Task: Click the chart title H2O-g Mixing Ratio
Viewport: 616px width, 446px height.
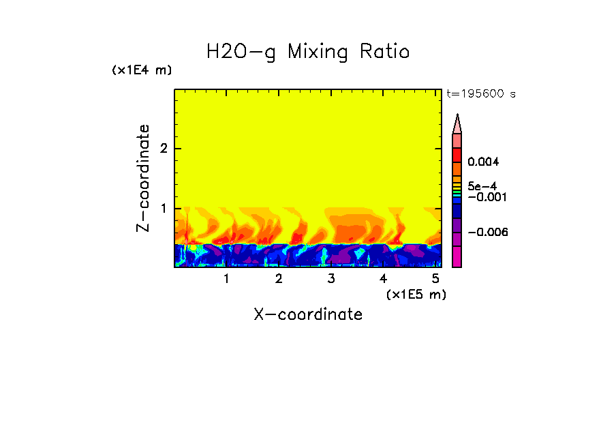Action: click(308, 52)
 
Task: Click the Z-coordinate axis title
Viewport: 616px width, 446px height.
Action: click(143, 177)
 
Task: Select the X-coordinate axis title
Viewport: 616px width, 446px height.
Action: click(308, 314)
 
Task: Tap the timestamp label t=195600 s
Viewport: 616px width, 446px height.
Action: click(480, 94)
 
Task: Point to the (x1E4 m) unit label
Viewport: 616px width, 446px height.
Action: click(142, 70)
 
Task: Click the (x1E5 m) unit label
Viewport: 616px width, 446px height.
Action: click(416, 294)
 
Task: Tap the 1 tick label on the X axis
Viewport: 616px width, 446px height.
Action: click(226, 279)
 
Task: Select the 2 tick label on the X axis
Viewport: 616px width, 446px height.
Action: click(279, 279)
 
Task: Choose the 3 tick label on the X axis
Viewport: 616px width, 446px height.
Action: click(330, 279)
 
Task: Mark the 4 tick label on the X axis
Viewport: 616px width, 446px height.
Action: click(383, 279)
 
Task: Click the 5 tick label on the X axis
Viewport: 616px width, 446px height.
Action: click(435, 279)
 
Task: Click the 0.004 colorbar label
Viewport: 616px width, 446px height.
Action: click(484, 162)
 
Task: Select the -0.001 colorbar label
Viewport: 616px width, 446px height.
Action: click(485, 197)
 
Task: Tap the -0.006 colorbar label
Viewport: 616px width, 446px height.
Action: click(485, 233)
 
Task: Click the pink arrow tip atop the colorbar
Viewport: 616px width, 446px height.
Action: click(457, 123)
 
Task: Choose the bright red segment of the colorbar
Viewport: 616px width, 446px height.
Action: click(457, 153)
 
